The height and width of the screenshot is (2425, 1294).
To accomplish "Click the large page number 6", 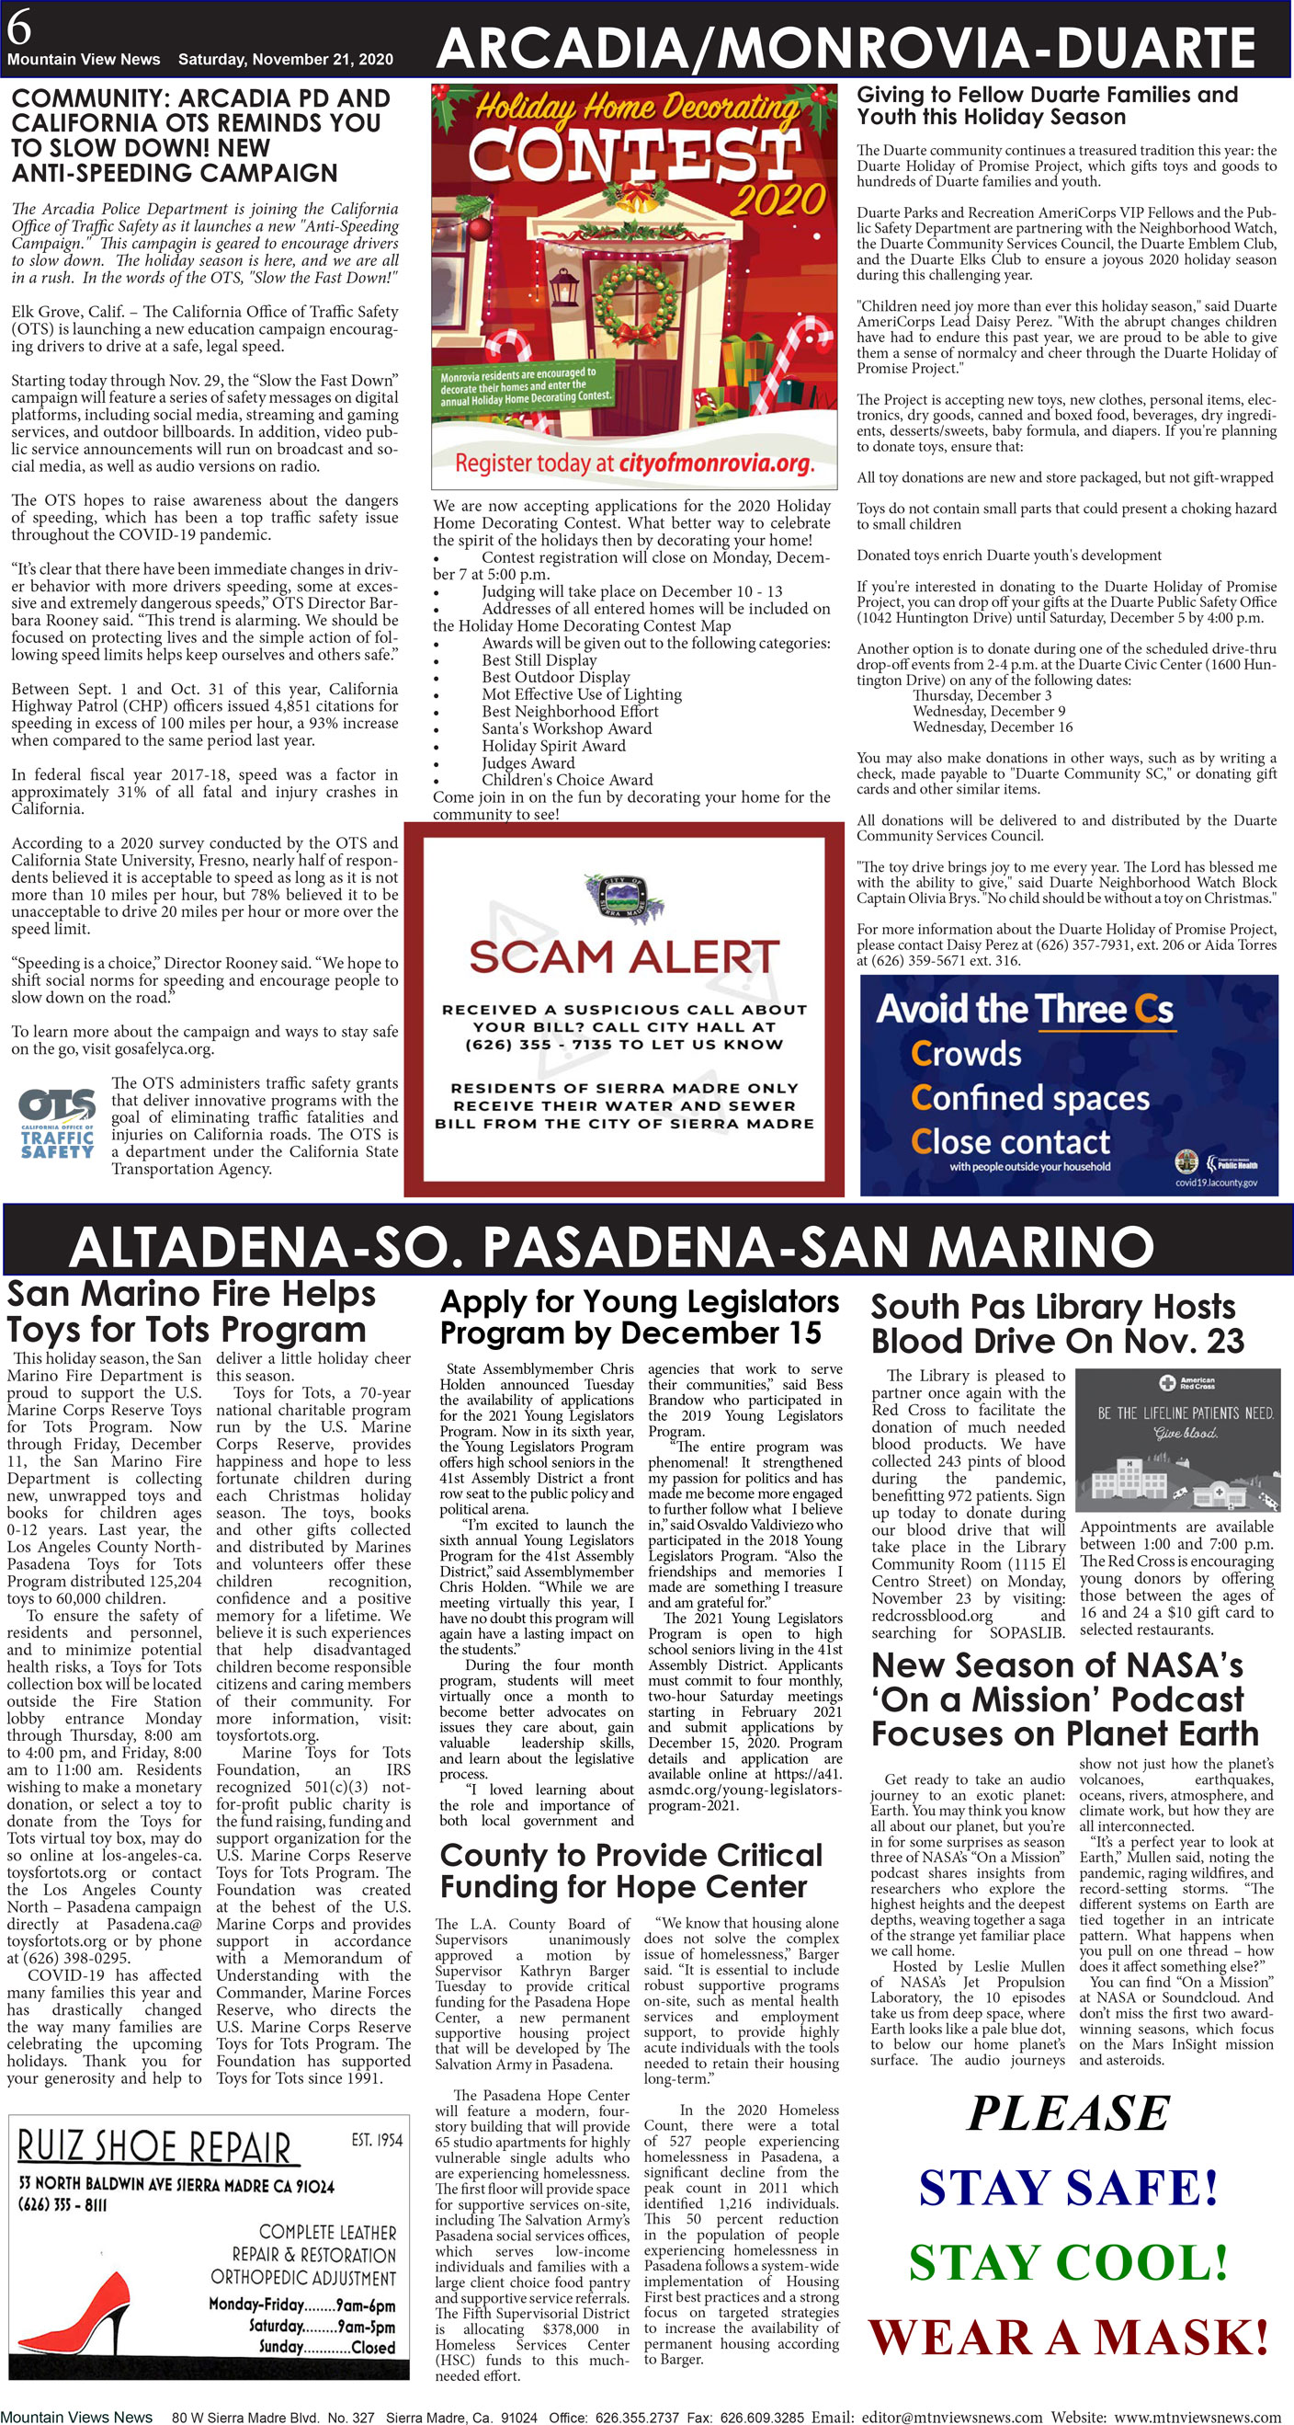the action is [x=18, y=29].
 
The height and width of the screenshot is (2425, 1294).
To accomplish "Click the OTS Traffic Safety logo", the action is [x=57, y=1125].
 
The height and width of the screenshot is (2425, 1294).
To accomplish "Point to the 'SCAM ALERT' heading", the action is [x=624, y=957].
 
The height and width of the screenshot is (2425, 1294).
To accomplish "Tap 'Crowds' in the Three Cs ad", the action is [x=966, y=1053].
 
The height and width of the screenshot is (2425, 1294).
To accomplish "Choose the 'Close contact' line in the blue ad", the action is [x=1010, y=1142].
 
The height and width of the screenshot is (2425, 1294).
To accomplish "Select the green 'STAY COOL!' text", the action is [x=1068, y=2262].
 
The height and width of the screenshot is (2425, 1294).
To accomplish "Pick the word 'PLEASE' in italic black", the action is [x=1068, y=2114].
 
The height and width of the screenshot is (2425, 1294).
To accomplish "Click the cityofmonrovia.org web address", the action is [x=715, y=463].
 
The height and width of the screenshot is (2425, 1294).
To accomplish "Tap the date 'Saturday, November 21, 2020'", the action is [x=285, y=59].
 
